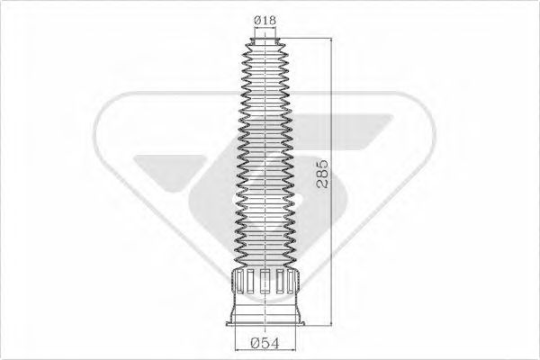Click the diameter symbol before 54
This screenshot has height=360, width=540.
(256, 342)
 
